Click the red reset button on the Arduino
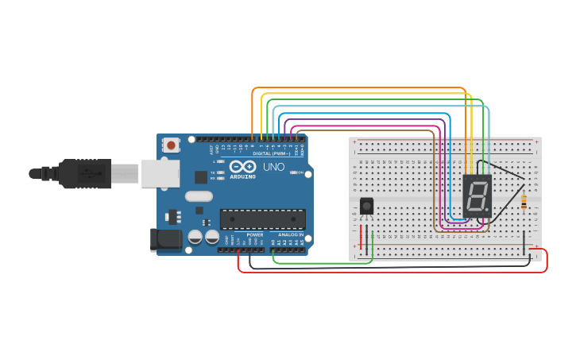(x=171, y=145)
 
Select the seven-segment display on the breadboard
(x=477, y=197)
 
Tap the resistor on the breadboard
(x=524, y=203)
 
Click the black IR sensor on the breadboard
(x=366, y=206)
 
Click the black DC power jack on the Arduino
(x=164, y=239)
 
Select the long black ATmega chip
(x=262, y=219)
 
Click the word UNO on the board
(x=273, y=168)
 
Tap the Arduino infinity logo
(x=244, y=167)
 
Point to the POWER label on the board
(x=254, y=235)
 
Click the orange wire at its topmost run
(x=358, y=87)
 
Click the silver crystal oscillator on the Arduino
(x=199, y=196)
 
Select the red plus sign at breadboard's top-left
(x=354, y=141)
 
